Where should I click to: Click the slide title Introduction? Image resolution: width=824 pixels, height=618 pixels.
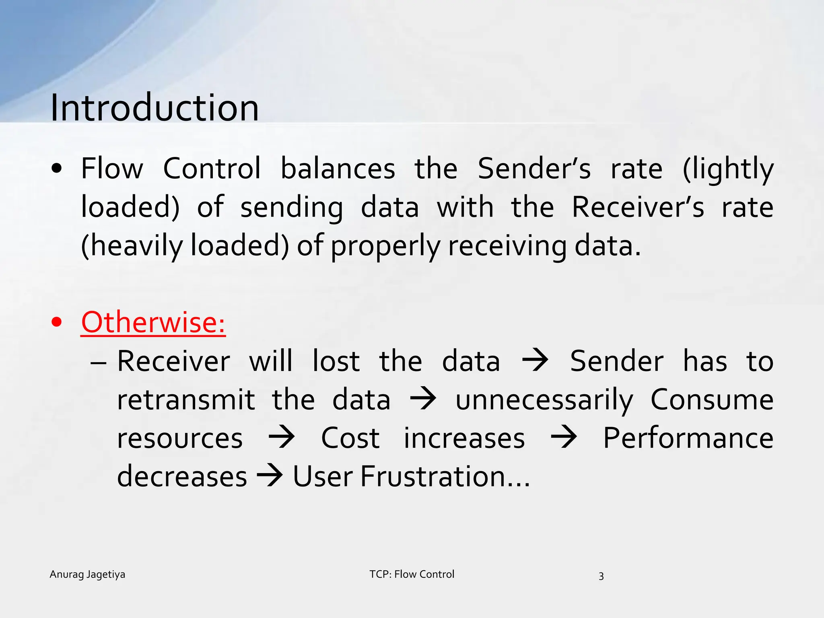(x=154, y=108)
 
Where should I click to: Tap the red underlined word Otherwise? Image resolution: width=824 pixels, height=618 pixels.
(x=153, y=323)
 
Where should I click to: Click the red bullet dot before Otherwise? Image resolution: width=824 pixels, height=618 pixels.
(x=57, y=322)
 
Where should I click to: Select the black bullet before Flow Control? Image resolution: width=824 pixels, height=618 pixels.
(x=57, y=169)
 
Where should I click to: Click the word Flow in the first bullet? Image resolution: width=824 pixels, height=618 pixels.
(x=112, y=169)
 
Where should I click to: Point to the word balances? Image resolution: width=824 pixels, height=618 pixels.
(x=338, y=169)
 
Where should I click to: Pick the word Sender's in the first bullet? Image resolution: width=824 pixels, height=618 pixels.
(x=534, y=169)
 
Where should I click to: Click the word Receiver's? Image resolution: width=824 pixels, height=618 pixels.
(x=638, y=207)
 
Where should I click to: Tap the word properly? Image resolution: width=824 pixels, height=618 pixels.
(x=385, y=246)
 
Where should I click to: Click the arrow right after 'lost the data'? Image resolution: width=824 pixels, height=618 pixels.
(x=535, y=360)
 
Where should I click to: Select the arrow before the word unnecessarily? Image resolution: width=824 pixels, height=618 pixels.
(x=423, y=399)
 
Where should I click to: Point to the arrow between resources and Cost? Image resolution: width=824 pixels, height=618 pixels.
(x=282, y=437)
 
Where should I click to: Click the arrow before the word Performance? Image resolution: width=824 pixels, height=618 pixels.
(x=564, y=437)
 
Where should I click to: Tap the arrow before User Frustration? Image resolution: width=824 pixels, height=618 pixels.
(x=270, y=476)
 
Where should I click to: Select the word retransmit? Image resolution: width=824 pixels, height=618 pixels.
(x=186, y=400)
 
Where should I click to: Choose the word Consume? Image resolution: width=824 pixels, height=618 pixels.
(x=712, y=400)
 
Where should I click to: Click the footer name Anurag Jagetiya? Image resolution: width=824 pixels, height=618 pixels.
(x=87, y=575)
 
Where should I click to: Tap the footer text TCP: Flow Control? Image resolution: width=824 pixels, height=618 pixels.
(x=412, y=574)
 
